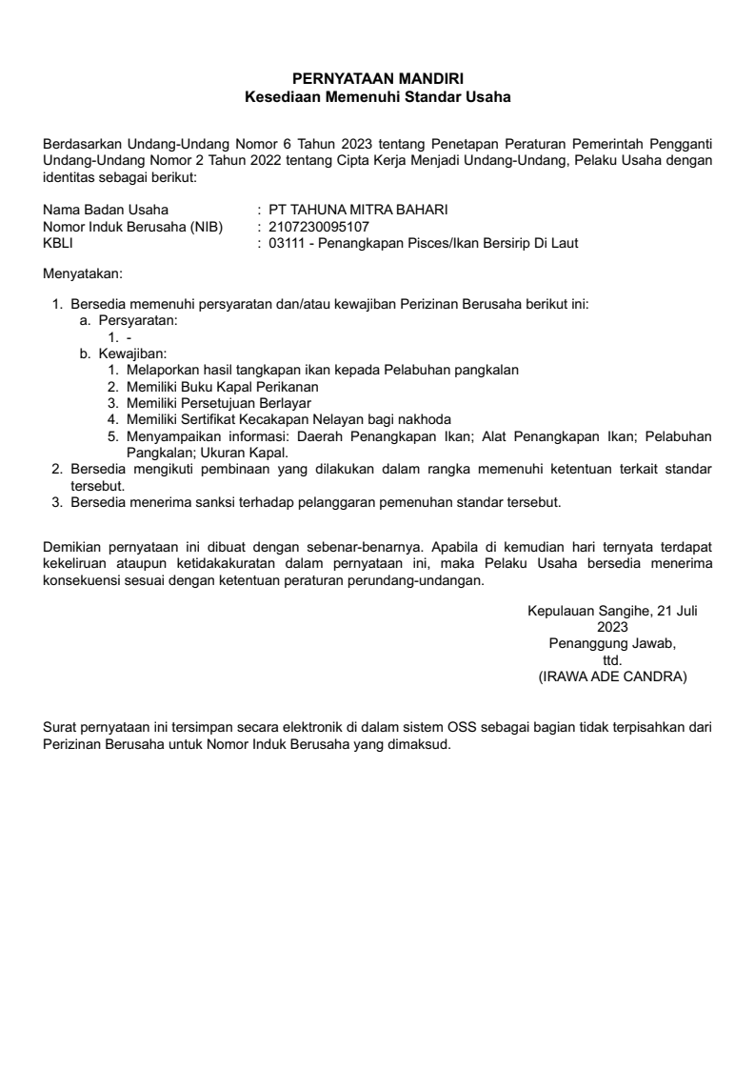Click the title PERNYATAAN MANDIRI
point(377,80)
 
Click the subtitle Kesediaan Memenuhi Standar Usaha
point(377,96)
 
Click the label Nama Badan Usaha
point(106,211)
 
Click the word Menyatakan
point(83,274)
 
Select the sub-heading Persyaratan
point(137,321)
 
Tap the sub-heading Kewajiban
point(132,353)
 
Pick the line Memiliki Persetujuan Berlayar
point(218,402)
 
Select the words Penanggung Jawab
point(610,644)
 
